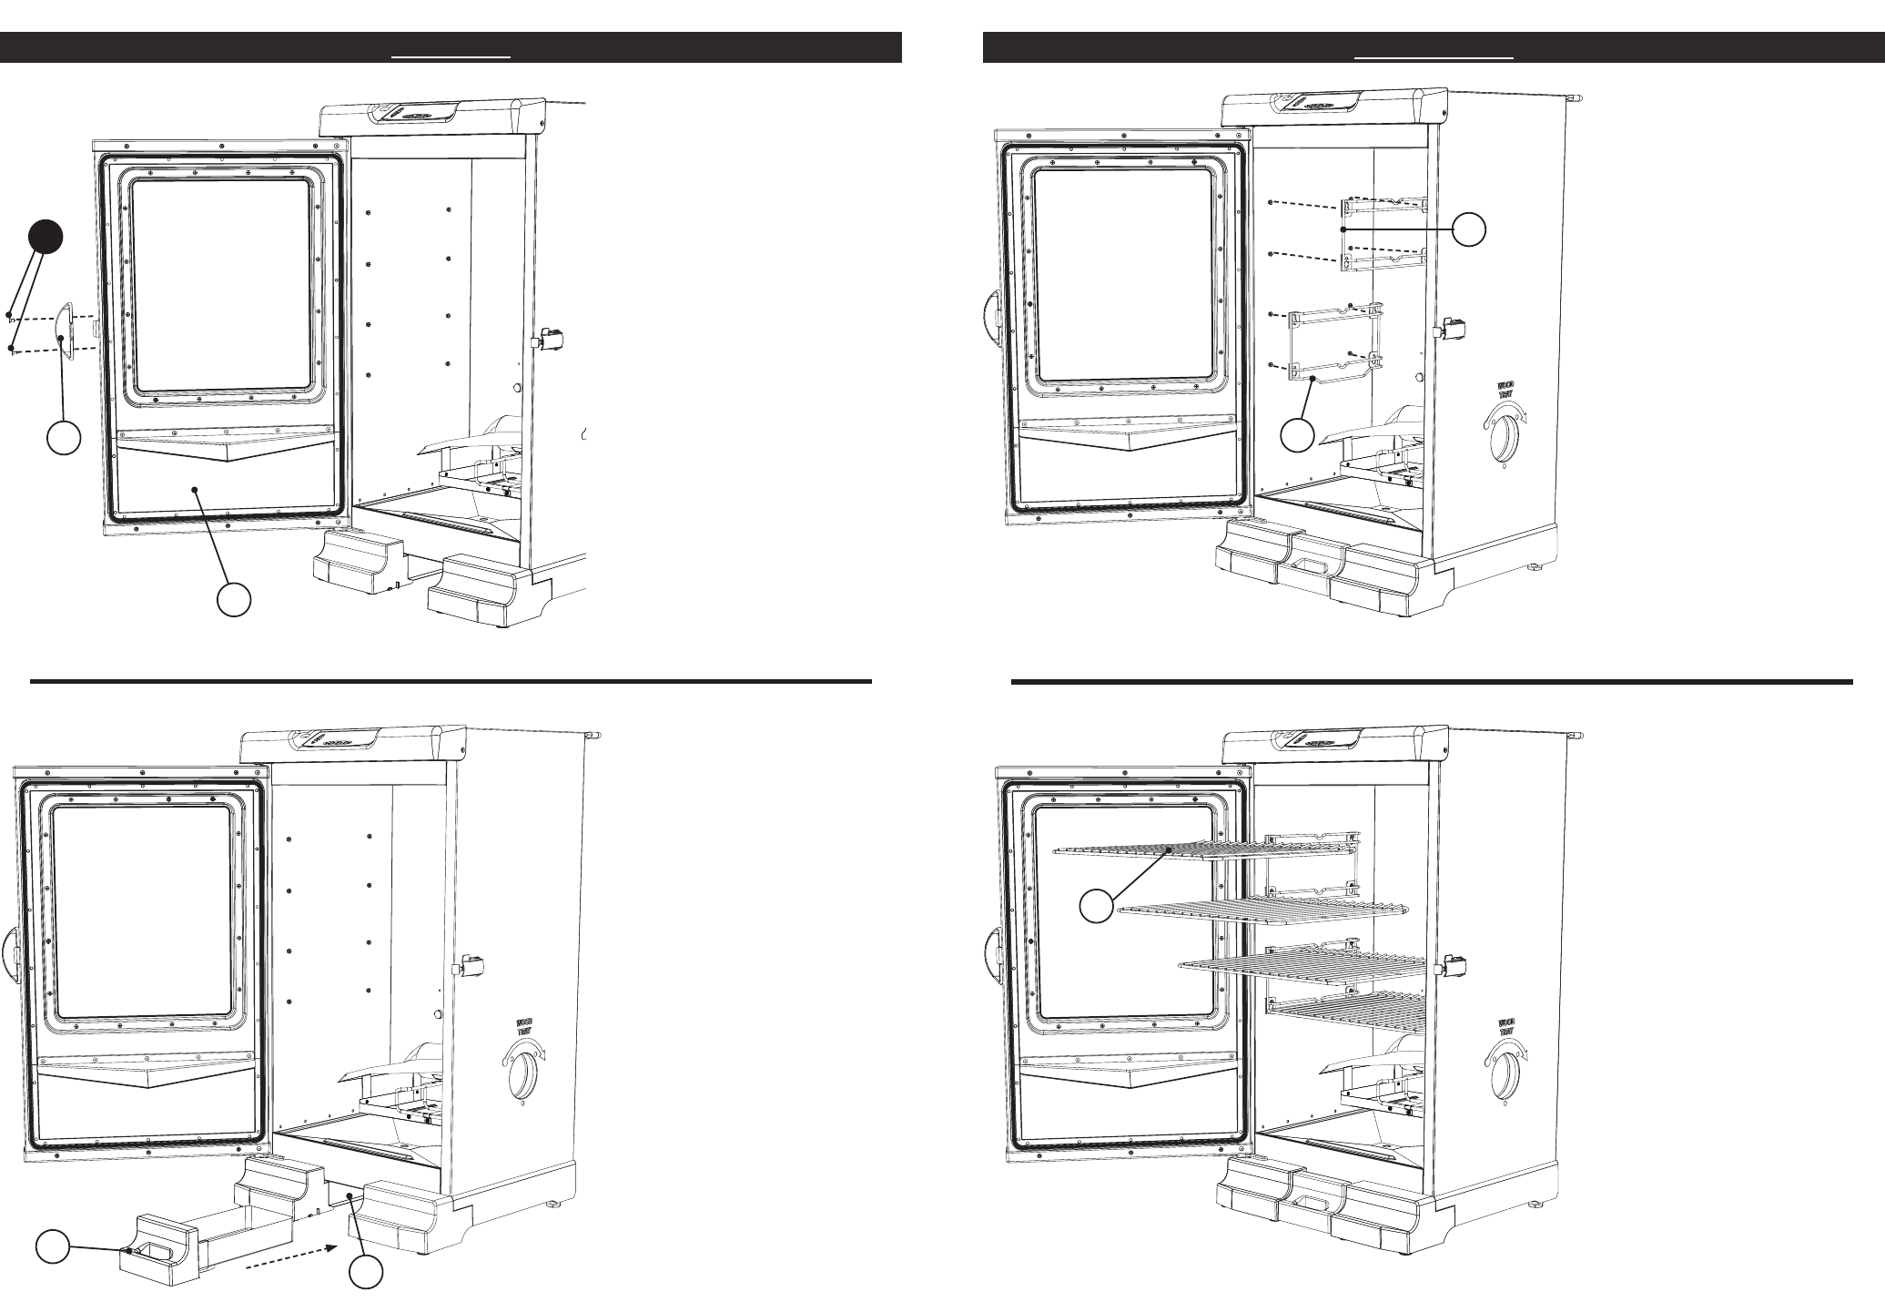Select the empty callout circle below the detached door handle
(x=63, y=439)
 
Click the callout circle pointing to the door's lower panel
(x=234, y=601)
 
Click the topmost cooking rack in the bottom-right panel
(x=1201, y=849)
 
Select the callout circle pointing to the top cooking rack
(x=1097, y=907)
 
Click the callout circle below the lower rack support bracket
(x=1298, y=435)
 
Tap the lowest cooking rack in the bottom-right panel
(x=1347, y=1012)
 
